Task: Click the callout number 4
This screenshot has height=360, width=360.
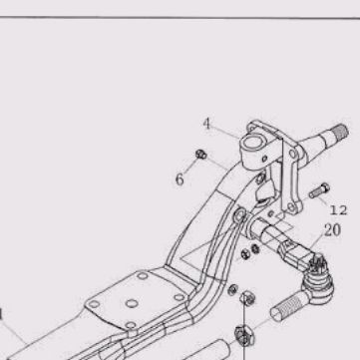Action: click(x=206, y=124)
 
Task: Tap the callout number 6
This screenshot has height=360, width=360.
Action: click(x=180, y=180)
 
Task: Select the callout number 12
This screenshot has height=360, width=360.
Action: click(x=338, y=210)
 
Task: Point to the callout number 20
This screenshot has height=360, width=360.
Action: click(x=332, y=230)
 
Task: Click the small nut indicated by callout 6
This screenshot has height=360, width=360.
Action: click(x=200, y=155)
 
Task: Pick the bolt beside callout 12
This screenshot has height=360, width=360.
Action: click(x=319, y=190)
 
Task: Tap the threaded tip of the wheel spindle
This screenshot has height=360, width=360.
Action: click(x=340, y=133)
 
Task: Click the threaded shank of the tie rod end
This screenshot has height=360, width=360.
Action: click(x=286, y=307)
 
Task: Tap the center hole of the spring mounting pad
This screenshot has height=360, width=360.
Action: click(x=132, y=303)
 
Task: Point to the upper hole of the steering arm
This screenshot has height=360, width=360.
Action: click(x=292, y=154)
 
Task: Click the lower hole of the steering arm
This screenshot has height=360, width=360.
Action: click(x=291, y=206)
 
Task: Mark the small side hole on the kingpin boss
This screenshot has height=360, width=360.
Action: click(x=265, y=159)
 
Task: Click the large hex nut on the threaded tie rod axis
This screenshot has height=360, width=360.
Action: click(x=244, y=336)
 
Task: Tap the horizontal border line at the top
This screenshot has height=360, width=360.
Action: click(x=180, y=17)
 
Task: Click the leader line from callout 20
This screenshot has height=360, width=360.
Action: click(x=316, y=241)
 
